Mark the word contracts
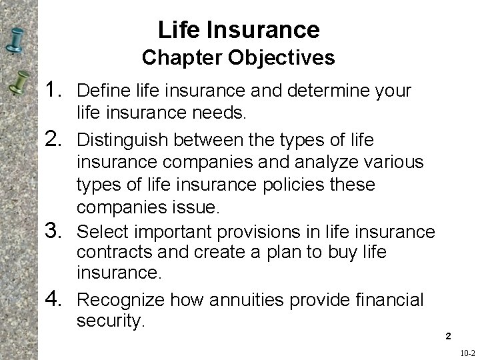pyautogui.click(x=110, y=254)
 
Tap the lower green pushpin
pyautogui.click(x=19, y=85)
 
